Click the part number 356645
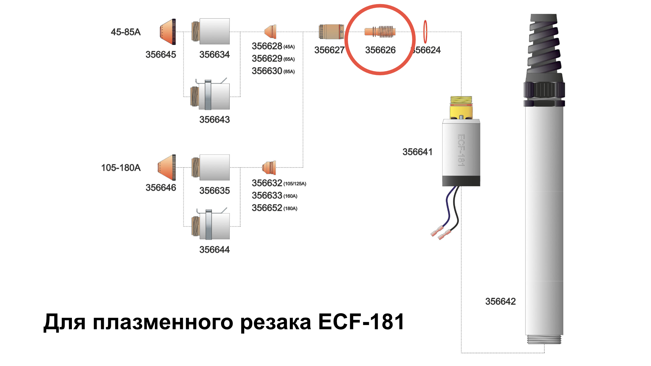pos(161,55)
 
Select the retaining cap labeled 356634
pos(211,31)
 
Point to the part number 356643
pos(215,120)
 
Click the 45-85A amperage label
pos(125,32)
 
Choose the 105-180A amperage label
pos(121,168)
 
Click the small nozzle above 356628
pos(271,32)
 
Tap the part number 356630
pos(267,71)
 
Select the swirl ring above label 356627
pos(331,32)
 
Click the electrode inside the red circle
pos(380,32)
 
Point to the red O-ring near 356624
pos(425,32)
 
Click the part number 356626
pos(380,50)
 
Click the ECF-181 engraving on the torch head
pos(461,150)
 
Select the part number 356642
pos(500,302)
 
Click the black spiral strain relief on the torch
pos(544,43)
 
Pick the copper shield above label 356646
pos(167,167)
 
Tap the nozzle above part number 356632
pos(269,167)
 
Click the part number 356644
pos(215,250)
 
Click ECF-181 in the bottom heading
pos(361,322)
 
